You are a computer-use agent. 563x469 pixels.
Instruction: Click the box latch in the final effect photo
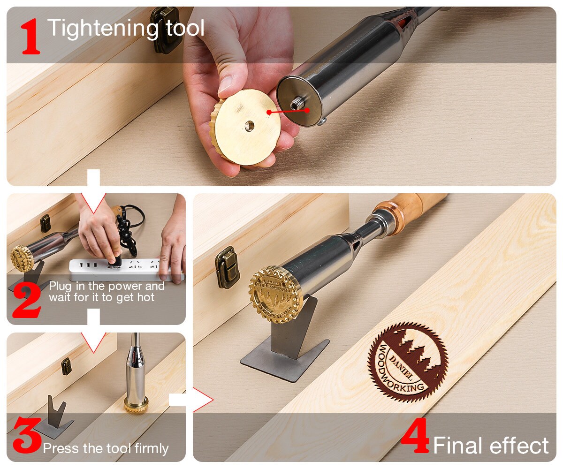(227, 267)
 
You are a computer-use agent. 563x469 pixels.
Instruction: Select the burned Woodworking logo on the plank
(407, 362)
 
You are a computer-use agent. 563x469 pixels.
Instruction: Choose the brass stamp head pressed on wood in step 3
(136, 404)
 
